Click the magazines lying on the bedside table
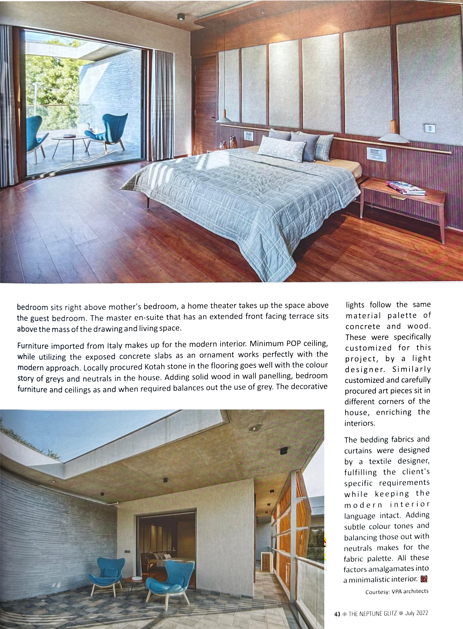pyautogui.click(x=405, y=188)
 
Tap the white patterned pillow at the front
pyautogui.click(x=281, y=147)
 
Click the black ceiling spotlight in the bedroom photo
pyautogui.click(x=181, y=17)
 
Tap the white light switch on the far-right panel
pyautogui.click(x=429, y=128)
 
